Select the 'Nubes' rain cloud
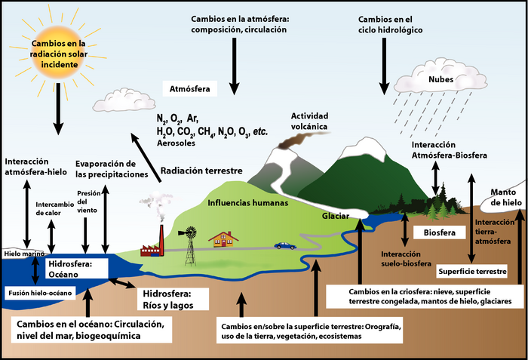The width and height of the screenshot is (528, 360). pyautogui.click(x=429, y=80)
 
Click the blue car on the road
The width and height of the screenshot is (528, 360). pyautogui.click(x=285, y=245)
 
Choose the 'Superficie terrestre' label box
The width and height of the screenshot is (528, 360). pyautogui.click(x=471, y=270)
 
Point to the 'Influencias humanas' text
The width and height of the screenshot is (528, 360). pyautogui.click(x=238, y=202)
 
